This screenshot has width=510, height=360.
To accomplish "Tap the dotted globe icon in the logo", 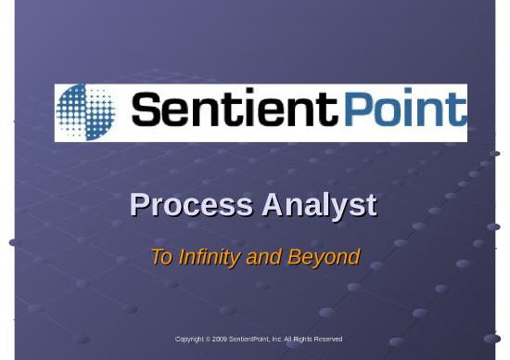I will [86, 112].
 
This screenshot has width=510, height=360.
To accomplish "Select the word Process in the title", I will [191, 205].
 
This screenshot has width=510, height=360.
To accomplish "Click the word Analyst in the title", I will [319, 205].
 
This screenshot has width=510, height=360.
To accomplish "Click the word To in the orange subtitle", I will [161, 257].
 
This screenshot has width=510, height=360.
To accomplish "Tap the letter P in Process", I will [139, 205].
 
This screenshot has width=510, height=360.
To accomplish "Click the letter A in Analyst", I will [272, 205].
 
